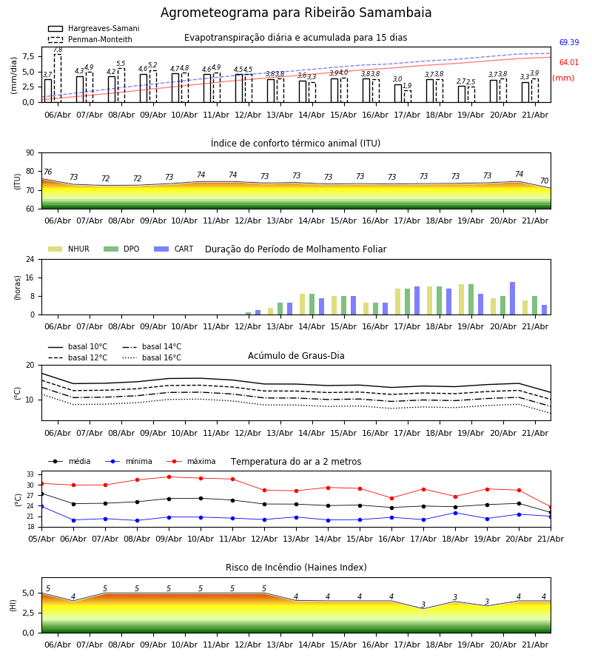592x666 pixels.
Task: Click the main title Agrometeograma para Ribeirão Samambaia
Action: pos(296,13)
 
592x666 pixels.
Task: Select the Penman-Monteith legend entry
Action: pos(90,39)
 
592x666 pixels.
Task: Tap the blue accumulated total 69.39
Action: pos(568,42)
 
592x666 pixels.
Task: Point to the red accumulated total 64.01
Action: pos(568,62)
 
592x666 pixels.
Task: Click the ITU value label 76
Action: pos(47,172)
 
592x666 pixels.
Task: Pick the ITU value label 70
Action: pos(544,181)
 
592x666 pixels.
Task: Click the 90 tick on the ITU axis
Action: pos(30,153)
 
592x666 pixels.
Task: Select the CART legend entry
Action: pos(174,249)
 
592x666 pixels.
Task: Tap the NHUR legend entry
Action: pos(69,249)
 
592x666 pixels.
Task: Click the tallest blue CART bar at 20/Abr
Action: pos(513,299)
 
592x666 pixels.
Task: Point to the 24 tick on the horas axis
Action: pos(30,259)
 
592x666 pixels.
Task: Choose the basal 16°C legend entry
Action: pos(152,357)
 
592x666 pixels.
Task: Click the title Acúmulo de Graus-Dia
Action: pos(296,355)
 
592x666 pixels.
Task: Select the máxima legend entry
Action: pos(192,461)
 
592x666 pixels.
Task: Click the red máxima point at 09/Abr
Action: pos(169,477)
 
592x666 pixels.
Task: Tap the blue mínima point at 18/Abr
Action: pos(456,513)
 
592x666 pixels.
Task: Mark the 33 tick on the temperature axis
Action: pos(30,474)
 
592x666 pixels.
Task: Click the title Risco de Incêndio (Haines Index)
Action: pos(296,568)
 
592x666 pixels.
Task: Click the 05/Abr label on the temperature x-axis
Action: pos(41,539)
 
